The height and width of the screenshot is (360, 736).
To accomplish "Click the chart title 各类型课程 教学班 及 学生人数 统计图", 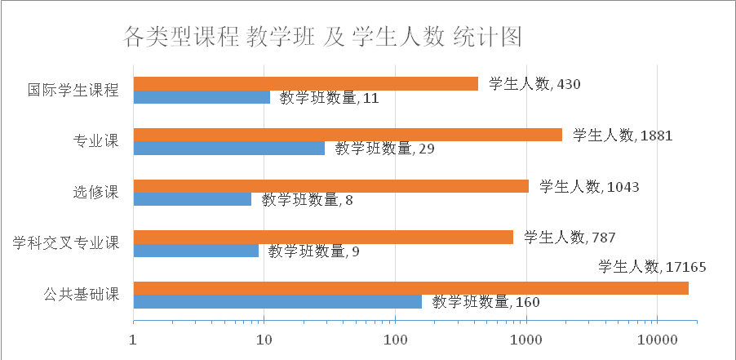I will pyautogui.click(x=321, y=38).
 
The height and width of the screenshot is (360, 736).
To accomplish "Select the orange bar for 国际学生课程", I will pyautogui.click(x=305, y=83).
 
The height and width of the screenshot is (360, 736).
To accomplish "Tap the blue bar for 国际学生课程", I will pyautogui.click(x=201, y=97).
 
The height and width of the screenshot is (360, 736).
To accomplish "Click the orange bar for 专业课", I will pyautogui.click(x=347, y=135).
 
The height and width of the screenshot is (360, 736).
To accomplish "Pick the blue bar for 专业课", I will pyautogui.click(x=228, y=149).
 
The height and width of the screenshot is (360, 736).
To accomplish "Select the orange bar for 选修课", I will pyautogui.click(x=330, y=186).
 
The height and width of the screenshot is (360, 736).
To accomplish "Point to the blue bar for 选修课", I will pyautogui.click(x=192, y=199).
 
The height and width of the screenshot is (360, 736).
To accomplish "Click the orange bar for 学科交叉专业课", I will pyautogui.click(x=322, y=237).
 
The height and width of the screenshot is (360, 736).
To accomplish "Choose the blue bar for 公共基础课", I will pyautogui.click(x=277, y=301).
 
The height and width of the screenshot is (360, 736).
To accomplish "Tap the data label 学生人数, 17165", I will pyautogui.click(x=652, y=267).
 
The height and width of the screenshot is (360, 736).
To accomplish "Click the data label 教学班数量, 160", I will pyautogui.click(x=485, y=303).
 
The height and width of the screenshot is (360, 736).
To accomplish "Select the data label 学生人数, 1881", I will pyautogui.click(x=623, y=136).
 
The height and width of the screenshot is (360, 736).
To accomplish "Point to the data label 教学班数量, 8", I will pyautogui.click(x=307, y=200).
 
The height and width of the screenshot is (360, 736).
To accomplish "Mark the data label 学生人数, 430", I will pyautogui.click(x=534, y=84).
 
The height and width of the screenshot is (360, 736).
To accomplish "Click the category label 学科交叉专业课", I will pyautogui.click(x=65, y=243).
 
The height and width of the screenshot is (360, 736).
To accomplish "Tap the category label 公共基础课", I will pyautogui.click(x=79, y=295).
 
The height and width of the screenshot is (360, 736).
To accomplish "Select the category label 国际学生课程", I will pyautogui.click(x=73, y=90).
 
